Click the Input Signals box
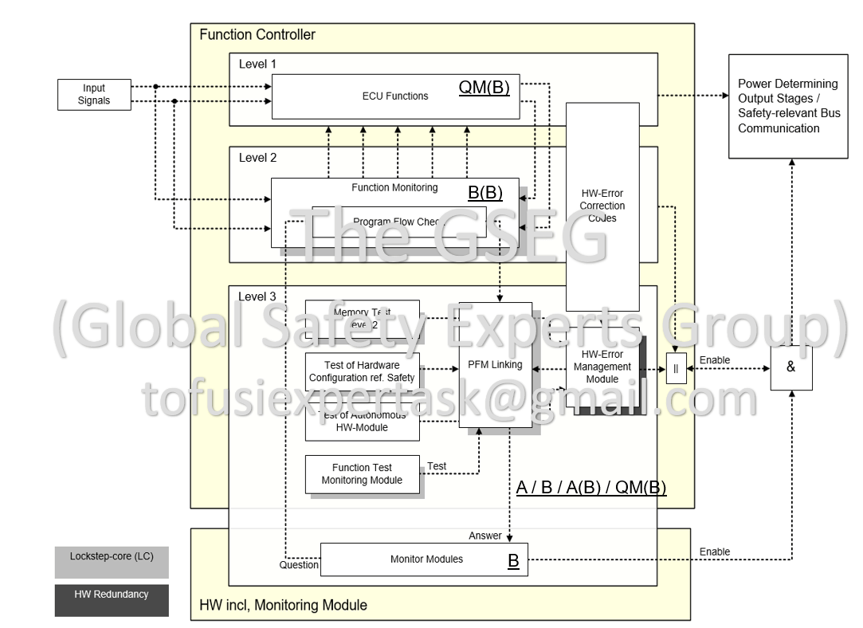(x=94, y=95)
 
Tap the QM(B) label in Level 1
(x=483, y=88)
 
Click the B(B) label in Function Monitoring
(x=484, y=192)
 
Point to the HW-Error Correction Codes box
(x=602, y=206)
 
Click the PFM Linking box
(x=495, y=365)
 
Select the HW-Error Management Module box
(x=602, y=367)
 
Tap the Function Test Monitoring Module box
(x=363, y=474)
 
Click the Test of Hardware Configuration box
(x=363, y=371)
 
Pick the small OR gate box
(x=675, y=369)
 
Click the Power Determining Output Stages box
(x=787, y=106)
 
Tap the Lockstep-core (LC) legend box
(x=112, y=562)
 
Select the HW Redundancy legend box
(x=112, y=600)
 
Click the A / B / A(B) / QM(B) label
(x=590, y=488)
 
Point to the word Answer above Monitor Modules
(x=485, y=536)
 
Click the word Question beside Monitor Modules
(x=299, y=566)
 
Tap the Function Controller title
(x=257, y=34)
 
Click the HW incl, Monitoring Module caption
(x=283, y=606)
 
